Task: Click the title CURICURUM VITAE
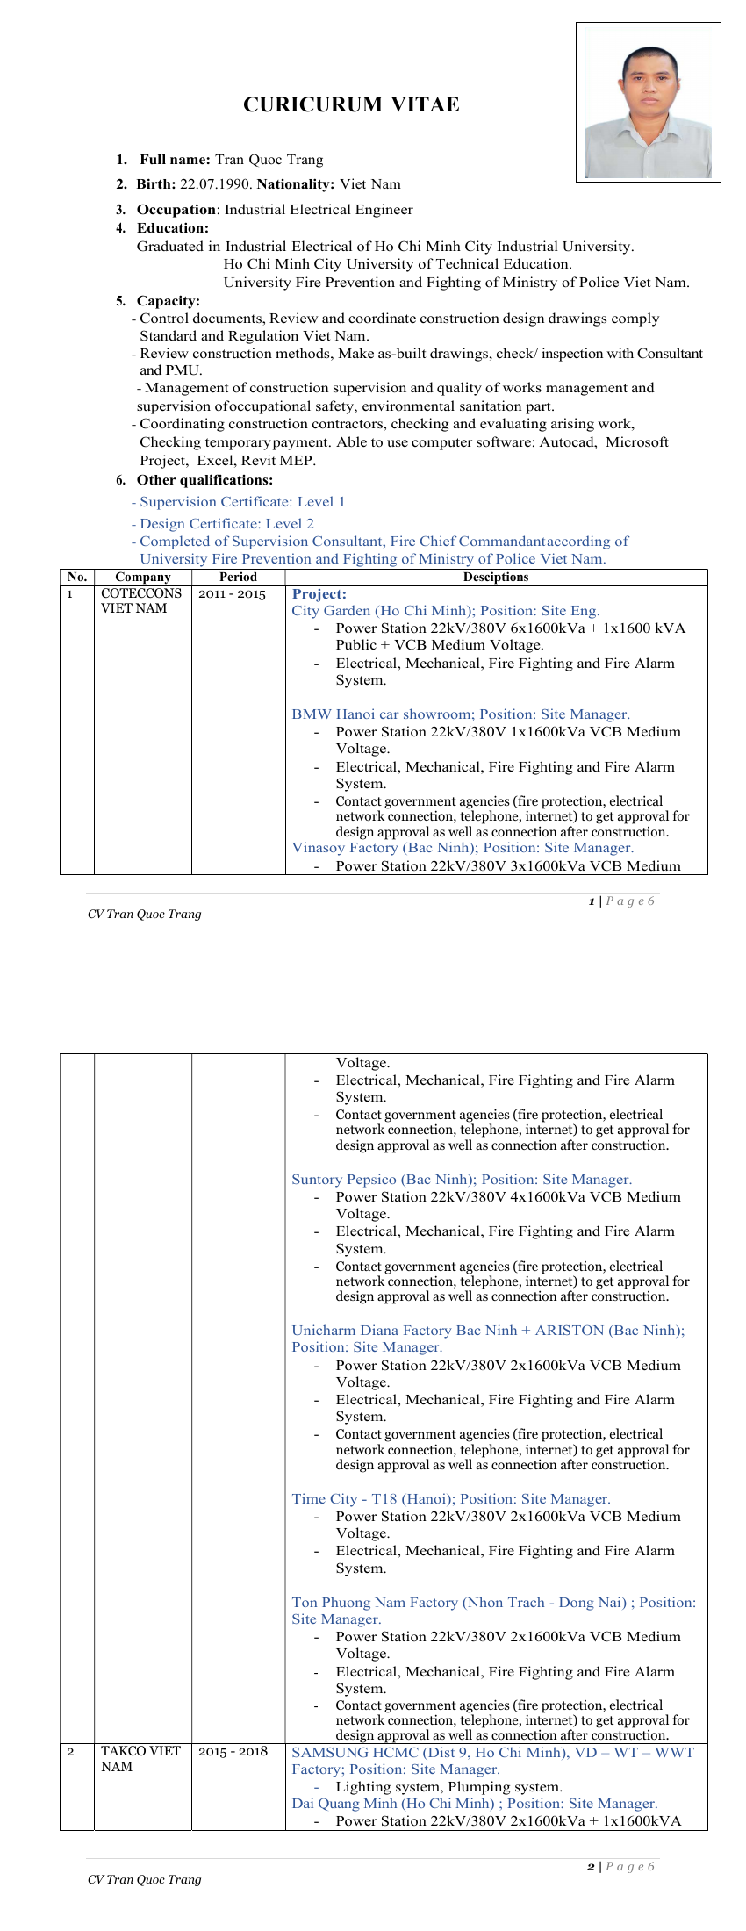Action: pyautogui.click(x=351, y=104)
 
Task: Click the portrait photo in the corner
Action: pyautogui.click(x=648, y=103)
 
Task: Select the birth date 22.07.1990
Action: pyautogui.click(x=215, y=184)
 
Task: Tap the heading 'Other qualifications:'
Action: pyautogui.click(x=204, y=480)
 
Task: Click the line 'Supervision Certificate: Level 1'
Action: pyautogui.click(x=241, y=502)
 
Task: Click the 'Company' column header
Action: pyautogui.click(x=142, y=577)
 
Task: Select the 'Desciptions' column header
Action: pyautogui.click(x=496, y=577)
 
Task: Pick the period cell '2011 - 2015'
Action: pyautogui.click(x=232, y=594)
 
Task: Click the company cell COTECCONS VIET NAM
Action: pyautogui.click(x=140, y=601)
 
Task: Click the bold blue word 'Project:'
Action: pyautogui.click(x=319, y=594)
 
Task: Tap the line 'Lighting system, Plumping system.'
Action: pyautogui.click(x=448, y=1786)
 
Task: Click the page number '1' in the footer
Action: pyautogui.click(x=592, y=901)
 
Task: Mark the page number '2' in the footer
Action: pyautogui.click(x=591, y=1867)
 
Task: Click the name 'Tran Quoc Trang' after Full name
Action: pyautogui.click(x=269, y=160)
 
